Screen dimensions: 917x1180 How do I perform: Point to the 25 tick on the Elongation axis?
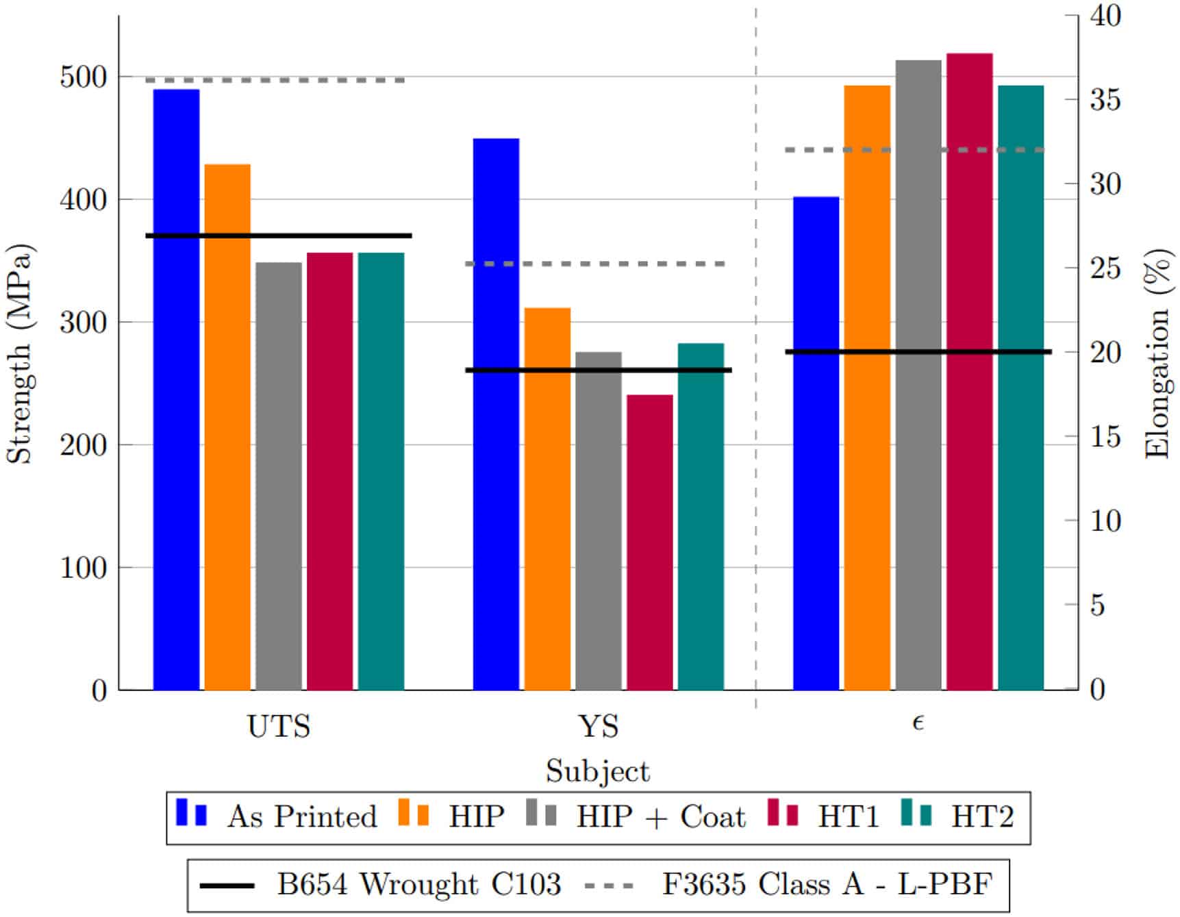coord(1106,268)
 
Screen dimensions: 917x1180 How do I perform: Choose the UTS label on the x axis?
coord(279,727)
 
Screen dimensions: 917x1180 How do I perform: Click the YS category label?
coord(599,727)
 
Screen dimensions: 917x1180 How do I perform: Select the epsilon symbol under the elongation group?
coord(918,723)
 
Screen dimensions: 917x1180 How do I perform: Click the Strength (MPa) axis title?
coord(19,353)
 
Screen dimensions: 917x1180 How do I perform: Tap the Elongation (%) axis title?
coord(1158,353)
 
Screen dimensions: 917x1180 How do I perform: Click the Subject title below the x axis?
coord(597,772)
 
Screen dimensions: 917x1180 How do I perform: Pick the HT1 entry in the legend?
coord(848,817)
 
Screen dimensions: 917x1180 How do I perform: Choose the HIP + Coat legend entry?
coord(660,817)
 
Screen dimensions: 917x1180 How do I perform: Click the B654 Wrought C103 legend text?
coord(418,884)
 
